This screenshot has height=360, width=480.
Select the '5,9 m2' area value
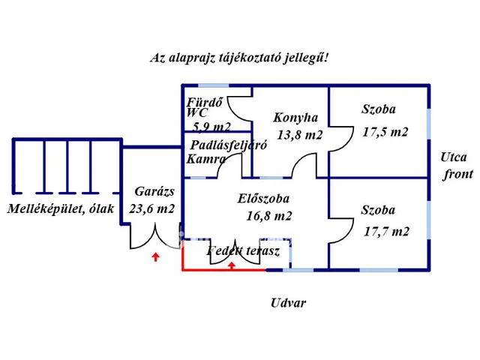tap(211, 127)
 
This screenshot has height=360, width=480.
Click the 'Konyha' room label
tap(295, 118)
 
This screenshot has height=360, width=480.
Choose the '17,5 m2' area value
tap(385, 131)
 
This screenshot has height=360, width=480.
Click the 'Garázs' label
tap(154, 191)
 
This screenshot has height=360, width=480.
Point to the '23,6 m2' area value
tap(153, 209)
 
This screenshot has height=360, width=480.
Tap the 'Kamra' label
tap(206, 160)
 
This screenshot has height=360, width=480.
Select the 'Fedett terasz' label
tap(243, 251)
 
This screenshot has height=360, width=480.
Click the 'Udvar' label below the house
tap(289, 303)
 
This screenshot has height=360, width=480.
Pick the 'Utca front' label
tap(456, 166)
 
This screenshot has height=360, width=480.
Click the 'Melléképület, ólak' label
tap(61, 209)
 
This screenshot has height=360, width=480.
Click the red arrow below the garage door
tap(154, 259)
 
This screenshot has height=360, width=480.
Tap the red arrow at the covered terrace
tap(232, 264)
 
